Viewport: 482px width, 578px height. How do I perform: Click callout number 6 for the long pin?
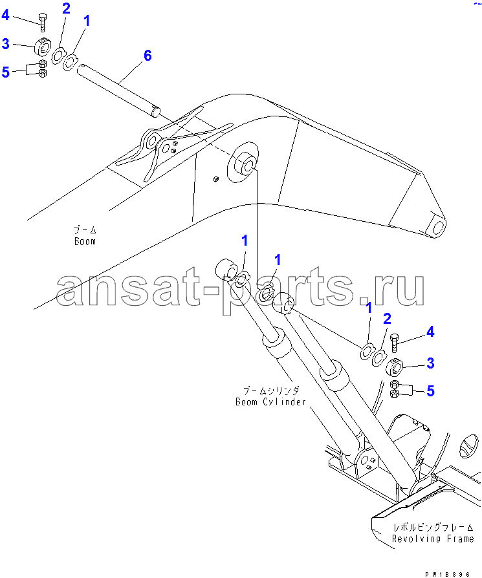[148, 56]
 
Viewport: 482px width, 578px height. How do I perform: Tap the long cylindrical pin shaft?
[118, 91]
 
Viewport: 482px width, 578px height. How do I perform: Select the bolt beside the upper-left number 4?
[43, 22]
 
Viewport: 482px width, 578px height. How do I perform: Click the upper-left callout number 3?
[6, 43]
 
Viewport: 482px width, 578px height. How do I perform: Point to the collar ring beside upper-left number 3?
[43, 47]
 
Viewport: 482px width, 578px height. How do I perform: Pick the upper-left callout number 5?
[6, 72]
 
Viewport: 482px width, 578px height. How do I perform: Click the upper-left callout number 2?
[66, 8]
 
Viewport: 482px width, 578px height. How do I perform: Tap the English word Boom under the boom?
[85, 241]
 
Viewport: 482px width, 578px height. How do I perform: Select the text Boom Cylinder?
[270, 401]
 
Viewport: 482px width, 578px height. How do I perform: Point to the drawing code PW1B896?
[447, 574]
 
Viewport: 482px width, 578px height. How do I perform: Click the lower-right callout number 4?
[430, 332]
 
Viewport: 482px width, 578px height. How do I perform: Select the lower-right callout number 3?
[430, 363]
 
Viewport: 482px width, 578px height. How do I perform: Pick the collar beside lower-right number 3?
[395, 367]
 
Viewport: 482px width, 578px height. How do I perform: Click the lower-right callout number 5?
[430, 391]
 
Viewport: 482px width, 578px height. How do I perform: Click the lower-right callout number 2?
[387, 319]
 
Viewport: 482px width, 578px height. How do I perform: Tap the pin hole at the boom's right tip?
[439, 227]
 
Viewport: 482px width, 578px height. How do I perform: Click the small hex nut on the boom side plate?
[216, 179]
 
